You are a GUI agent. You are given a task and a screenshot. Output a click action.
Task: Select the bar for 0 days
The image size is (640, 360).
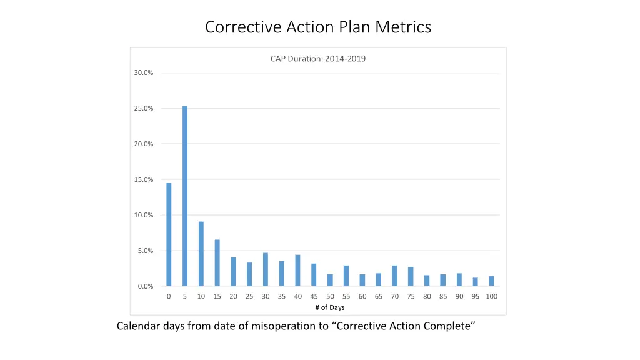click(169, 234)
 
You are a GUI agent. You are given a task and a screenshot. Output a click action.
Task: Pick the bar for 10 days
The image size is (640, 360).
click(201, 254)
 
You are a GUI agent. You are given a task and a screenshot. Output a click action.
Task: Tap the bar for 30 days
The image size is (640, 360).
click(266, 269)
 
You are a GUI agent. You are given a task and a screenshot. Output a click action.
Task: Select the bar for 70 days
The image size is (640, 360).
click(394, 276)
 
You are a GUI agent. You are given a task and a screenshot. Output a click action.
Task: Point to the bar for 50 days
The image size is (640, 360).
click(330, 280)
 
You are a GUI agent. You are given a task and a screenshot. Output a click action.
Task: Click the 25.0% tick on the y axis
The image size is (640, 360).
click(144, 109)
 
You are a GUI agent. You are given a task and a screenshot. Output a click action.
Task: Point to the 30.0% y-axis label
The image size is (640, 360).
click(144, 73)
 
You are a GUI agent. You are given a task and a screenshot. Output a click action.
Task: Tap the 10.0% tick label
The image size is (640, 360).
click(144, 216)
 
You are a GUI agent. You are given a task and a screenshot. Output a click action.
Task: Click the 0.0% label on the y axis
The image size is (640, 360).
click(145, 287)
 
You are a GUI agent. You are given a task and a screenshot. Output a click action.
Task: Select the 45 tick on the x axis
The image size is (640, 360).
click(314, 297)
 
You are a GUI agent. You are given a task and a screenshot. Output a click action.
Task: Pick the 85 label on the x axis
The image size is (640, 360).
click(443, 297)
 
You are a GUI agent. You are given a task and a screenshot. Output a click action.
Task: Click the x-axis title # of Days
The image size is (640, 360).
click(330, 307)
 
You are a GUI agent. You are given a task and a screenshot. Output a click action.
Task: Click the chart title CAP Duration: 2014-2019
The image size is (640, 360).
click(318, 59)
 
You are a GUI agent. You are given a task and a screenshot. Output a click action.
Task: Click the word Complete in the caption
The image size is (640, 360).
click(444, 326)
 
